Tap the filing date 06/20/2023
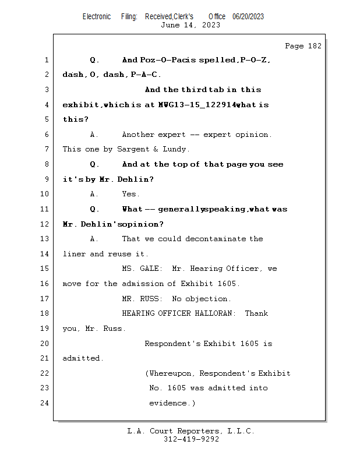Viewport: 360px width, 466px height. (248, 16)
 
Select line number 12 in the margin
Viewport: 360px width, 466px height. (45, 224)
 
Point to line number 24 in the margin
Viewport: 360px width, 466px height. (45, 403)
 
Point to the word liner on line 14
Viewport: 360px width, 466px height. (74, 254)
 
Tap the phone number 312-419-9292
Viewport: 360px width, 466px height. (191, 440)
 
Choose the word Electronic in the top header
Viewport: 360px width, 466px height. (97, 16)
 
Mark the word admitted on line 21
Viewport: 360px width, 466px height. (83, 358)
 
